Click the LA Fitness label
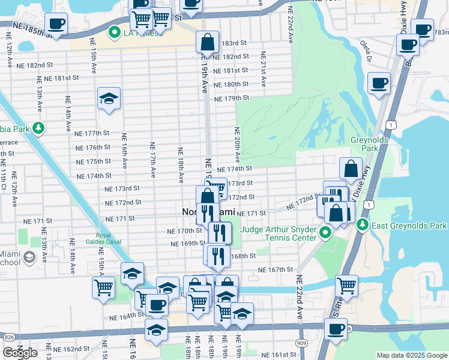[143, 33]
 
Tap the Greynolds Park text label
[368, 143]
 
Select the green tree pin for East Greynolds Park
[362, 226]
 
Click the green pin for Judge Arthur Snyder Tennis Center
[325, 233]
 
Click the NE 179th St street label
[231, 98]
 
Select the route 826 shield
[8, 338]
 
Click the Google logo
[20, 353]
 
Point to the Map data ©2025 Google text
[412, 355]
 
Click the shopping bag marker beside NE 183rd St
[207, 42]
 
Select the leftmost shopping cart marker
[103, 287]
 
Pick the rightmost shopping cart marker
[347, 286]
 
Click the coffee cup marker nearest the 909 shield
[336, 329]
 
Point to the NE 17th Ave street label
[152, 160]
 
